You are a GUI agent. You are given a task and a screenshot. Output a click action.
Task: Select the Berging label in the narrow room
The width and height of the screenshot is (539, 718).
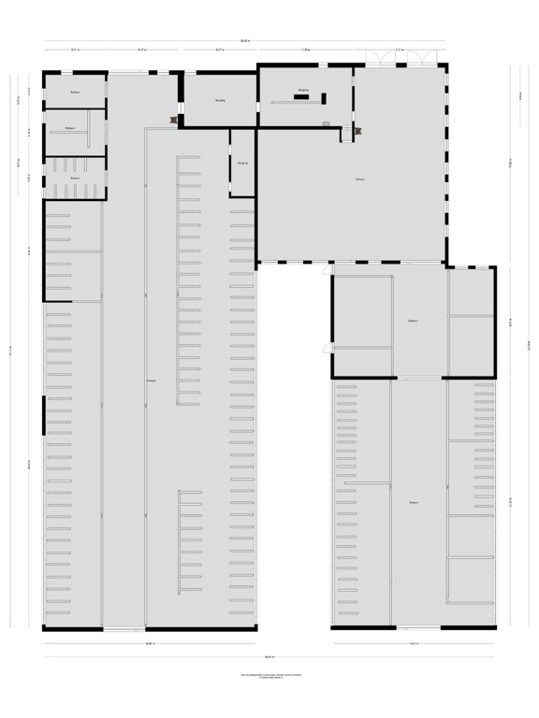pyautogui.click(x=242, y=164)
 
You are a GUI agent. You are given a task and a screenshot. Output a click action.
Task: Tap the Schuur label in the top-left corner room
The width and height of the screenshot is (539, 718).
pyautogui.click(x=74, y=93)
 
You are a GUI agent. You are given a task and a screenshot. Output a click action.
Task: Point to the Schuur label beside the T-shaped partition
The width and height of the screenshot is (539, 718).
pyautogui.click(x=70, y=128)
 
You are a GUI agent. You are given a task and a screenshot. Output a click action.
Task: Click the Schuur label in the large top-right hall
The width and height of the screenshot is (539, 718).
pyautogui.click(x=360, y=179)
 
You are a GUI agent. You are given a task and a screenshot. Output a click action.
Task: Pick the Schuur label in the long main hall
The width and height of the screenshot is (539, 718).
pyautogui.click(x=150, y=381)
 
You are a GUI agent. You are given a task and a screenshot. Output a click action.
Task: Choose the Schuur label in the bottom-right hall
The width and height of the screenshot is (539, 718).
pyautogui.click(x=412, y=503)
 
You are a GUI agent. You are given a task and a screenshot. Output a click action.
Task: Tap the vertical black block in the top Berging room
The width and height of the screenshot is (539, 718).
pyautogui.click(x=325, y=98)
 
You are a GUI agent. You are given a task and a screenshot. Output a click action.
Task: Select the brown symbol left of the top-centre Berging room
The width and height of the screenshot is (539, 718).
pyautogui.click(x=174, y=118)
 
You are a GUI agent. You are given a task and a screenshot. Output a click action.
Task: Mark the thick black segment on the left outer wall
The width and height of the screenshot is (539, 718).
pyautogui.click(x=43, y=415)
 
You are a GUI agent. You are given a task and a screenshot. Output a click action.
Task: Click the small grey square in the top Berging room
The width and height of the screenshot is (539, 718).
pyautogui.click(x=325, y=123)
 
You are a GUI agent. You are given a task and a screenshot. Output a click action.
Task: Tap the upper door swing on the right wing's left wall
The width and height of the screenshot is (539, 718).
pyautogui.click(x=327, y=270)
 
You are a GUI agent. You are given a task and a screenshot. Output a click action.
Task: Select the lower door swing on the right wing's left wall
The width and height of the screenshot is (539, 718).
pyautogui.click(x=327, y=347)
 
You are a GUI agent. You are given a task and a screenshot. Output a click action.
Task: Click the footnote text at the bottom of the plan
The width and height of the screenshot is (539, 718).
pyautogui.click(x=269, y=674)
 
